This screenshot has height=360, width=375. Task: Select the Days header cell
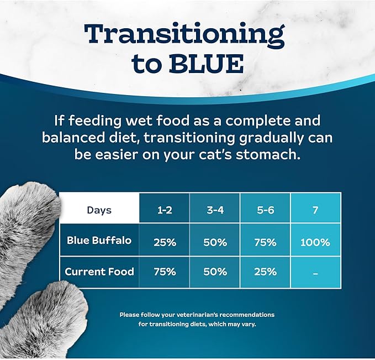point(99,210)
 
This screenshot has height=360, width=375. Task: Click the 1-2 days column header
point(164,210)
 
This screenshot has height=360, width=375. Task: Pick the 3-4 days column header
point(214,210)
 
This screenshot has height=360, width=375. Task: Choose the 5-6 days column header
point(266,210)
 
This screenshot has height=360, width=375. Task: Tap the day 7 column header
point(315,210)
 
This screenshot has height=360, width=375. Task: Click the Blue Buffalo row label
point(99,241)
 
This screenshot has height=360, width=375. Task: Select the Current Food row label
point(99,272)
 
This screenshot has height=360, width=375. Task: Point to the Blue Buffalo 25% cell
point(164,242)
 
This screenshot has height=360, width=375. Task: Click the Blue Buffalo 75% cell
point(266,242)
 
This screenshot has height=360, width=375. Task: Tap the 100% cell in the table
point(315,242)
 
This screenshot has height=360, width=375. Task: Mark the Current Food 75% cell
point(164,272)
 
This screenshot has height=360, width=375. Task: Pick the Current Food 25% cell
point(266,272)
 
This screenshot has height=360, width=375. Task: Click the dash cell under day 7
point(315,272)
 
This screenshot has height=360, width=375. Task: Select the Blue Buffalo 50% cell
point(214,242)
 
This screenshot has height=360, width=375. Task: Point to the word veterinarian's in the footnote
point(196,315)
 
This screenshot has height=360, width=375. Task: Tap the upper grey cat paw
point(28,216)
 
